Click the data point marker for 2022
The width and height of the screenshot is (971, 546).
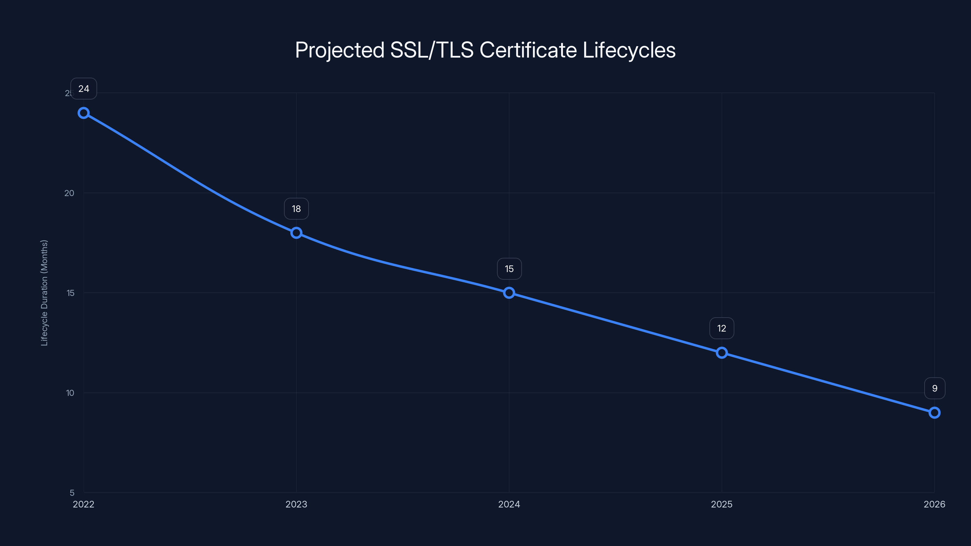click(84, 113)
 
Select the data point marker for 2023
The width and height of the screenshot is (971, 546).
click(296, 233)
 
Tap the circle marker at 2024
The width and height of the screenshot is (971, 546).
click(509, 293)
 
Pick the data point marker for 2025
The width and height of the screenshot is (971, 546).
click(722, 353)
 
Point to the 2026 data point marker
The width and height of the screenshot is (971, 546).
click(935, 413)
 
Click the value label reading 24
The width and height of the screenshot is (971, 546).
click(84, 89)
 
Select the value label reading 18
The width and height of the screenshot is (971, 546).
click(296, 209)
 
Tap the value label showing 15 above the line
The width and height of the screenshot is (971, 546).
click(509, 269)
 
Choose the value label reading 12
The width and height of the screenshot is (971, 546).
click(722, 329)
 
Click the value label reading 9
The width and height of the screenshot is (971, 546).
click(935, 389)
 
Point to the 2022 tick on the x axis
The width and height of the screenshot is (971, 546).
click(84, 504)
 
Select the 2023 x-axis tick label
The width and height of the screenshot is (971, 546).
click(296, 504)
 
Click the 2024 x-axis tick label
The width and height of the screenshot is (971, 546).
click(509, 504)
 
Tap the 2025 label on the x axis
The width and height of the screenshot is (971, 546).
click(722, 504)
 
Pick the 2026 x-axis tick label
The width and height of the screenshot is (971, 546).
click(935, 504)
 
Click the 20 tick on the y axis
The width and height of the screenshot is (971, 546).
click(69, 193)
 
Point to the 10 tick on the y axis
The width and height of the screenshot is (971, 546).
click(70, 393)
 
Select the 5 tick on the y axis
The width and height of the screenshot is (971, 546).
click(72, 493)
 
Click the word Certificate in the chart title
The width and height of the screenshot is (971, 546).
click(528, 50)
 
